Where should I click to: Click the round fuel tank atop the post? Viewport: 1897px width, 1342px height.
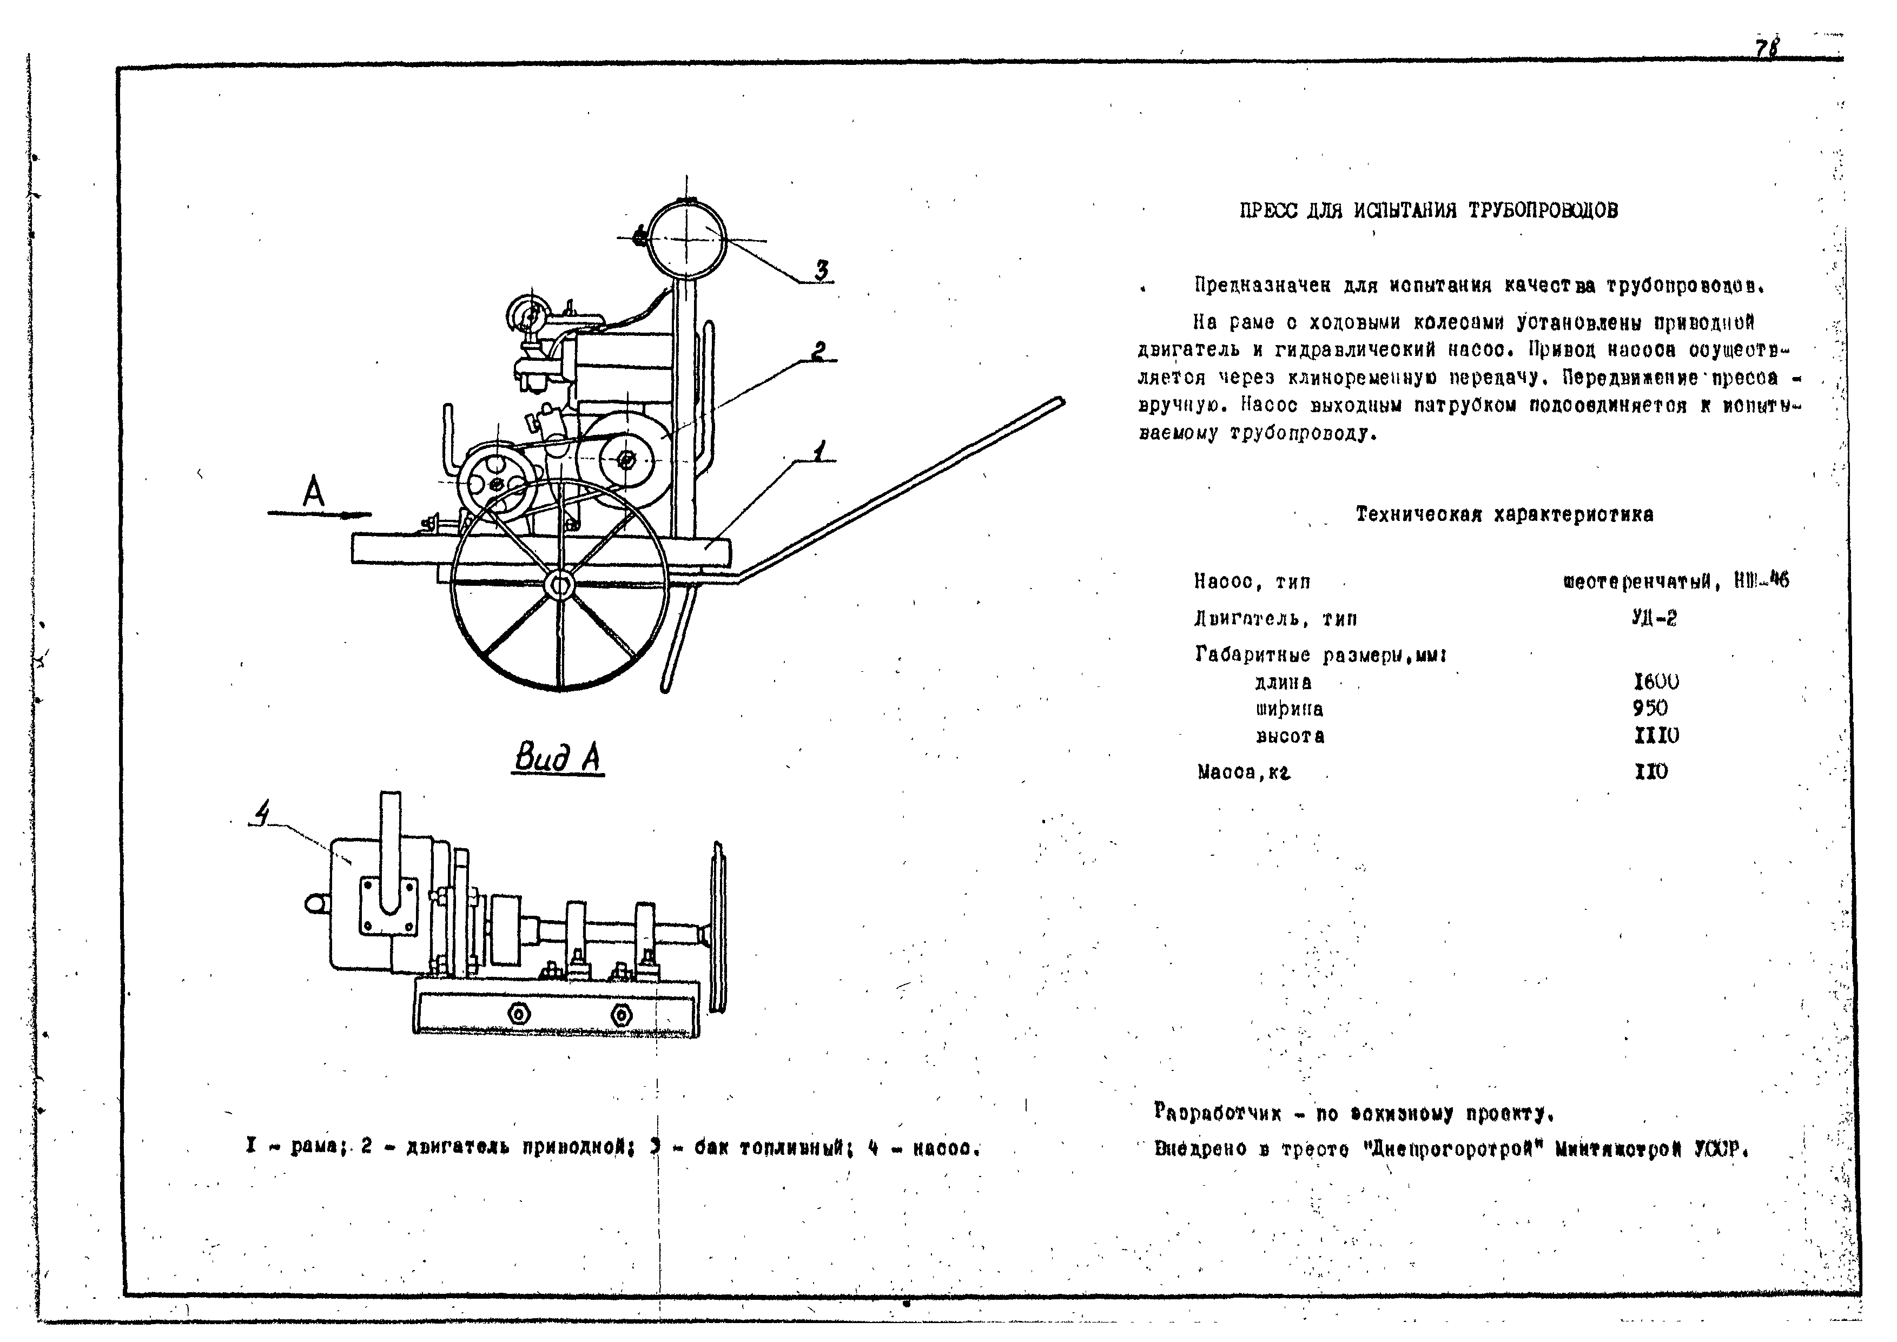click(686, 239)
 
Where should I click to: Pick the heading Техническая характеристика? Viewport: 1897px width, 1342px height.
click(1504, 515)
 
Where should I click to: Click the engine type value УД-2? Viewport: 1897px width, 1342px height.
click(1654, 618)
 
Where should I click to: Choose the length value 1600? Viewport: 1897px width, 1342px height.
click(1656, 682)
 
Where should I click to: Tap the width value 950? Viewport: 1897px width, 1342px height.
click(1650, 708)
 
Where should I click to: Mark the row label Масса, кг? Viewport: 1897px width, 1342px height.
click(1244, 772)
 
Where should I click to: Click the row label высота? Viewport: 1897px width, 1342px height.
click(1290, 736)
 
